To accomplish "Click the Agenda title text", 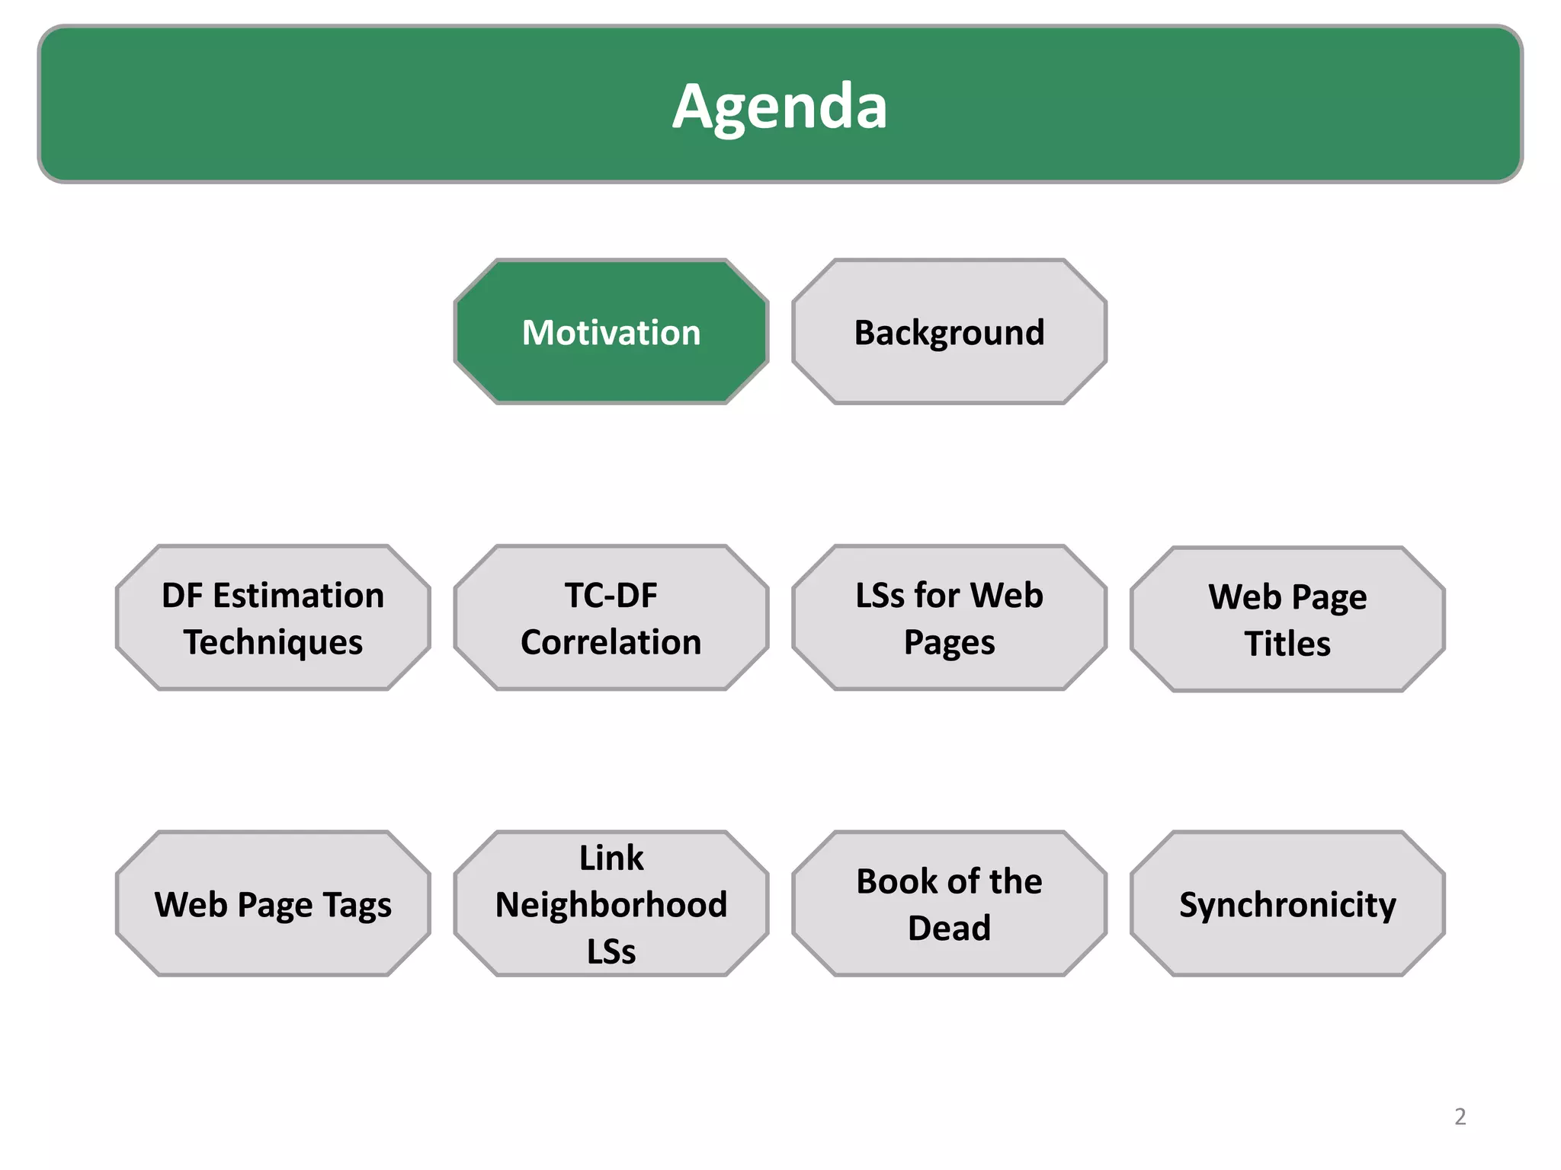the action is [x=780, y=106].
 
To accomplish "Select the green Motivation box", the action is [x=611, y=332].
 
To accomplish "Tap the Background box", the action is [x=949, y=332].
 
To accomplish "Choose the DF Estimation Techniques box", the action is [x=273, y=618].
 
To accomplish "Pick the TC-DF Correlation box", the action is [x=611, y=618].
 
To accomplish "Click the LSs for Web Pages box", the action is [x=949, y=618].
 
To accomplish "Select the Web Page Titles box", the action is [x=1287, y=619].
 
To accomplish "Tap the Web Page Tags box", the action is [x=273, y=904].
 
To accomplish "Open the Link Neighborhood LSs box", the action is [x=611, y=904].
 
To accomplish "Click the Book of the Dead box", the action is [x=949, y=904].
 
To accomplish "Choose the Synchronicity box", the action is [x=1287, y=904].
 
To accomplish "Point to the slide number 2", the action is [x=1460, y=1117].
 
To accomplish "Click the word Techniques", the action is [x=273, y=642].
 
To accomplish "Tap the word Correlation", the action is [x=611, y=642].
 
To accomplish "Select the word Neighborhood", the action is [x=611, y=905].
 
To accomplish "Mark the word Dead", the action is [x=949, y=929].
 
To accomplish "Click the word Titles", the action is [x=1287, y=644].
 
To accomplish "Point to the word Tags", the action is [x=357, y=906].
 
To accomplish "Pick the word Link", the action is [x=611, y=858].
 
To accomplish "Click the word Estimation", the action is [x=299, y=596].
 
